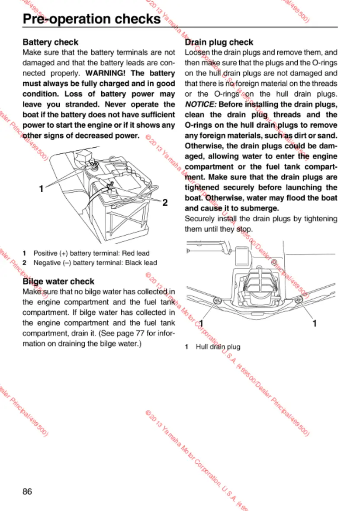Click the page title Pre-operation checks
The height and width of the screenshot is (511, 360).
[91, 19]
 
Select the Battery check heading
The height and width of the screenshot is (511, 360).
[51, 42]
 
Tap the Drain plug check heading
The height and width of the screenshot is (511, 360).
[219, 42]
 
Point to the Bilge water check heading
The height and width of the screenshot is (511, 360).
[58, 281]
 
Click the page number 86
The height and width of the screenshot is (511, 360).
[27, 492]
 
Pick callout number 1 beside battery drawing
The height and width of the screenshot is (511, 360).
[41, 188]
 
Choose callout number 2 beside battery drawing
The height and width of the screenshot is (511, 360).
[165, 203]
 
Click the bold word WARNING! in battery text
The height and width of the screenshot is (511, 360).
[104, 73]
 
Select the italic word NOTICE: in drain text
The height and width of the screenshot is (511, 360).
[200, 104]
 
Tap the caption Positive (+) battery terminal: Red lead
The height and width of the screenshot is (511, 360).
[91, 253]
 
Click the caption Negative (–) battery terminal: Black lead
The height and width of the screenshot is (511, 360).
[95, 262]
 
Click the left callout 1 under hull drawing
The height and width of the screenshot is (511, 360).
[201, 323]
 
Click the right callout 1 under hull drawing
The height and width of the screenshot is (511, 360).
[315, 323]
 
